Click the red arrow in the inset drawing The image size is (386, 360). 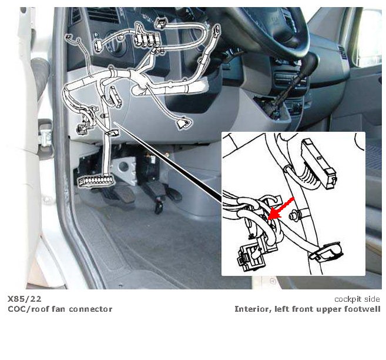pos(281,208)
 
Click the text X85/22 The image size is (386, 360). pos(24,299)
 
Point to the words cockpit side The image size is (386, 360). pos(357,299)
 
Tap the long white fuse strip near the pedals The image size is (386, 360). pos(96,181)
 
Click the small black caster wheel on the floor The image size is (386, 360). pos(159,208)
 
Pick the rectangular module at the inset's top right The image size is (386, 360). pos(319,164)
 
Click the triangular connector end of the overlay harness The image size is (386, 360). pos(183,123)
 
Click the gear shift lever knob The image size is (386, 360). pos(311,61)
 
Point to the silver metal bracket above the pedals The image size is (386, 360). pos(125,169)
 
